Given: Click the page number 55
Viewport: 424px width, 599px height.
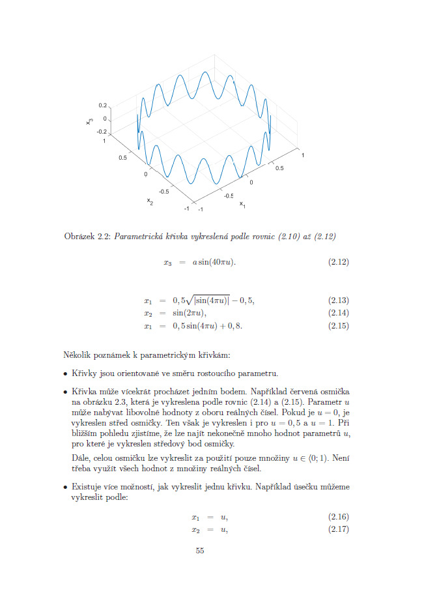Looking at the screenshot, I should pyautogui.click(x=200, y=551).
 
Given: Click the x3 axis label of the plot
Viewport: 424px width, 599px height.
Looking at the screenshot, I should pyautogui.click(x=91, y=119).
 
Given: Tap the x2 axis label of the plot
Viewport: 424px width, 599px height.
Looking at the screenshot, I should pyautogui.click(x=150, y=201).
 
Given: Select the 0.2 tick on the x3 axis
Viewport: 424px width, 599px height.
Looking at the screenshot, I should pyautogui.click(x=102, y=105).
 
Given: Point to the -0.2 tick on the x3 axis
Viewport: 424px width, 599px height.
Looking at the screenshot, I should pyautogui.click(x=101, y=131).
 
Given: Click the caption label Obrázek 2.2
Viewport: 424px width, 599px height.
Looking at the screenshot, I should pyautogui.click(x=88, y=235).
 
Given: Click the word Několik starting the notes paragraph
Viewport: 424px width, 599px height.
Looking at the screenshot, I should pyautogui.click(x=78, y=355).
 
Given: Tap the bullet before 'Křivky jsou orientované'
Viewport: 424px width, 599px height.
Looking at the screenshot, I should pyautogui.click(x=65, y=373).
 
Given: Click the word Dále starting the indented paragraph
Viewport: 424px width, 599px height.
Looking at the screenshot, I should pyautogui.click(x=81, y=458).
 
